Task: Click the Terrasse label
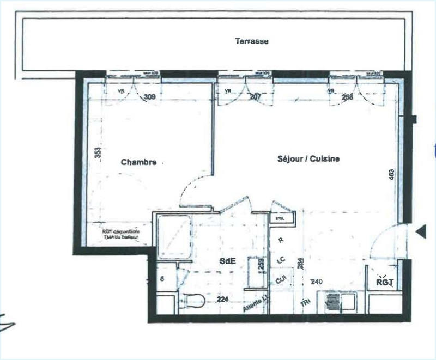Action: (251, 41)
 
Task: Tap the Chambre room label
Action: (139, 162)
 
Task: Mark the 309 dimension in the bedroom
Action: (149, 98)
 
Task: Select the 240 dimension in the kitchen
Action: (317, 282)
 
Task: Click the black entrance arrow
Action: (420, 232)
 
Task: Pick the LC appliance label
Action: (281, 260)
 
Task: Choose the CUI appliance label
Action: (281, 279)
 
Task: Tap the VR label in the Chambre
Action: (121, 91)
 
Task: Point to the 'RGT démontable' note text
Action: (122, 234)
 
